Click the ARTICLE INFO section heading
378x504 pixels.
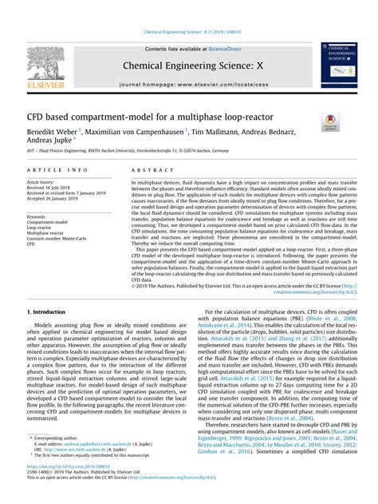(x=58, y=171)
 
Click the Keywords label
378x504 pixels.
(x=37, y=216)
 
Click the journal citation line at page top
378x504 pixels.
(x=188, y=32)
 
